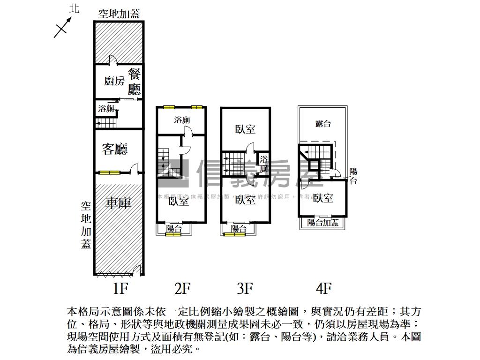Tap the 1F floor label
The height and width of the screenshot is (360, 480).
tap(120, 288)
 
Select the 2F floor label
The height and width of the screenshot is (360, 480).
tap(182, 288)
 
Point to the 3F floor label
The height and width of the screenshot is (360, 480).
tap(245, 288)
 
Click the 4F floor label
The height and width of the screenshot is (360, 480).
tap(323, 288)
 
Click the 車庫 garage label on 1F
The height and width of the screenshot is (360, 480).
tap(118, 202)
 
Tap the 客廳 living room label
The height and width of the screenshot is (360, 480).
tap(115, 150)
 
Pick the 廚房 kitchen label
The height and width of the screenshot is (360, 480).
tap(114, 81)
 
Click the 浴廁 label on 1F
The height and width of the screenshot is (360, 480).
tap(106, 109)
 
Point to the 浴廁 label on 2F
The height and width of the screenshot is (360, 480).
tap(182, 120)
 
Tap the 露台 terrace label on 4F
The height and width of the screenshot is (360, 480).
tap(323, 124)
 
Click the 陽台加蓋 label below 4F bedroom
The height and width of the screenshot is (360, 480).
tap(323, 223)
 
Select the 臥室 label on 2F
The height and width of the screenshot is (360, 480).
tap(179, 201)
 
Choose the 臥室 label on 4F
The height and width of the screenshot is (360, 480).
tap(323, 198)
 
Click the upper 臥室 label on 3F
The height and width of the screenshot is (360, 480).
tap(245, 129)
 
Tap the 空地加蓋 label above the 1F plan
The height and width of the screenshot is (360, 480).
tap(119, 14)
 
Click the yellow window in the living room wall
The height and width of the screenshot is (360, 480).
tap(110, 172)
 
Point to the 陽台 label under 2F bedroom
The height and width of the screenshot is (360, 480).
tap(174, 229)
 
